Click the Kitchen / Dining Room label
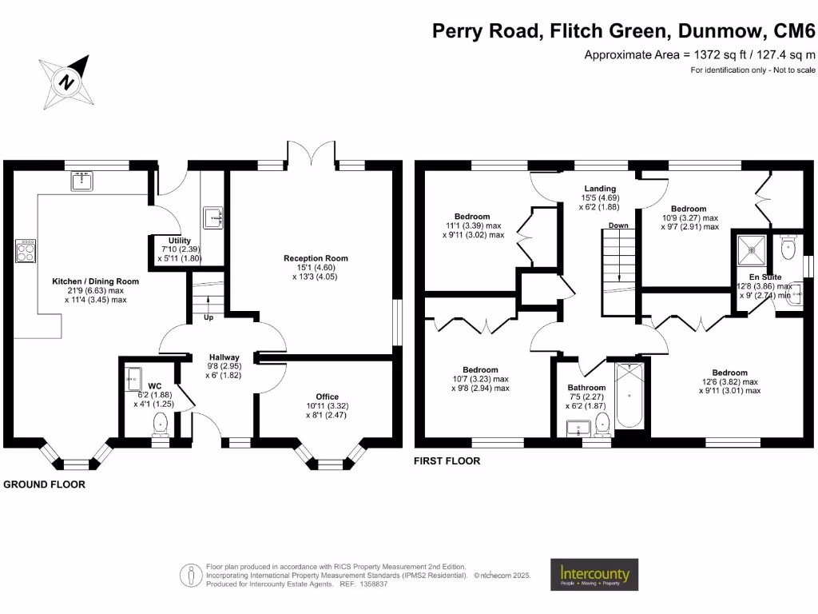click(x=96, y=281)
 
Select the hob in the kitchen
click(x=24, y=251)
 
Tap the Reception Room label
click(x=316, y=258)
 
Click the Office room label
click(x=327, y=397)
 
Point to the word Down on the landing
click(x=618, y=225)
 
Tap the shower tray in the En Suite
click(x=752, y=249)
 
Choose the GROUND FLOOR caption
click(x=45, y=484)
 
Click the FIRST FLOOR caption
click(x=447, y=461)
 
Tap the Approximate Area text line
click(x=700, y=55)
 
